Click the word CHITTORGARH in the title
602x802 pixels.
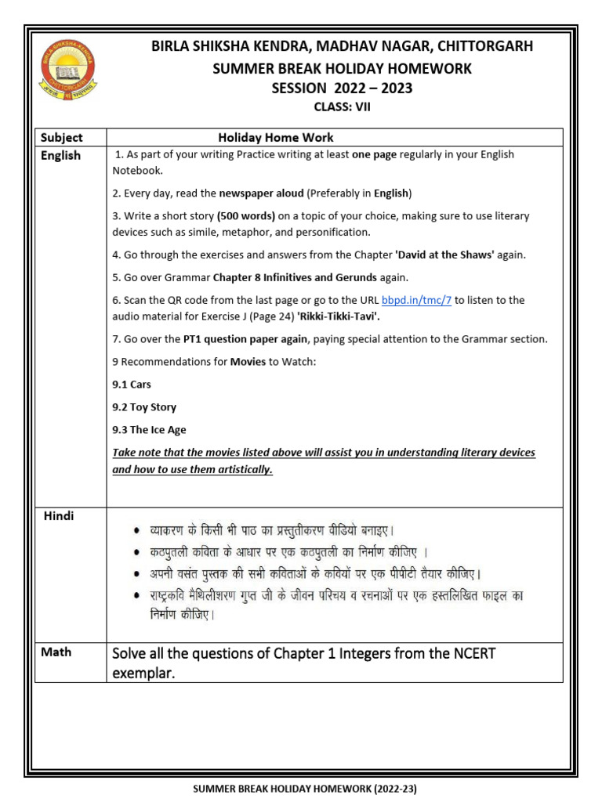(x=486, y=46)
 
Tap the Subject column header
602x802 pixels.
(x=62, y=137)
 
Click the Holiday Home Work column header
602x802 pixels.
(x=276, y=137)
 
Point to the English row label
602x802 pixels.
(x=61, y=155)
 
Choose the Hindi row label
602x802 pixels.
(x=60, y=515)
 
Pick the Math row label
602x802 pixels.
(x=56, y=652)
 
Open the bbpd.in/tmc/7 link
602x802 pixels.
(x=416, y=300)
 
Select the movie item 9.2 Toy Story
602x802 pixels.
(x=144, y=407)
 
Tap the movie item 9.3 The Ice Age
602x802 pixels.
(x=149, y=430)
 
